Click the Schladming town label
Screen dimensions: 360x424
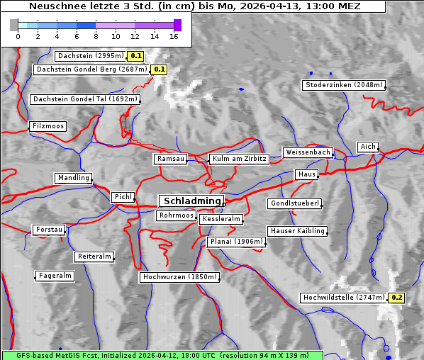coord(190,201)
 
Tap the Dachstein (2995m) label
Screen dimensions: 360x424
coord(89,55)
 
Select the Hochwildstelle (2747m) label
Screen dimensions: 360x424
coord(343,298)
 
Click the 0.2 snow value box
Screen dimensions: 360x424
coord(396,298)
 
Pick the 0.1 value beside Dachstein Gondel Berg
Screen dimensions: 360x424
coord(159,69)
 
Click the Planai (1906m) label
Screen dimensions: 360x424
coord(236,242)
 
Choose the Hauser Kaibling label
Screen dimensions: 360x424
coord(297,231)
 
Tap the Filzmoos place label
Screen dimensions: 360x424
coord(48,126)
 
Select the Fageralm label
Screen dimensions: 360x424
coord(55,276)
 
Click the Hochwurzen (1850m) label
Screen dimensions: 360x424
coord(178,277)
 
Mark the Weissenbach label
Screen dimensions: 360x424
coord(307,152)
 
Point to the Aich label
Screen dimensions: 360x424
coord(367,147)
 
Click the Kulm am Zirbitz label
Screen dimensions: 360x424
coord(239,159)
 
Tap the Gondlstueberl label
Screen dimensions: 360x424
coord(294,204)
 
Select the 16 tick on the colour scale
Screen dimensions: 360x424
coord(174,35)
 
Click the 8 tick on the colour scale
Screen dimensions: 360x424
coord(96,35)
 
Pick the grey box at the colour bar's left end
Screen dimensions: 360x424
coord(14,25)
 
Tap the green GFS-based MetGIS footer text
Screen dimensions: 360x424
coord(162,354)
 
